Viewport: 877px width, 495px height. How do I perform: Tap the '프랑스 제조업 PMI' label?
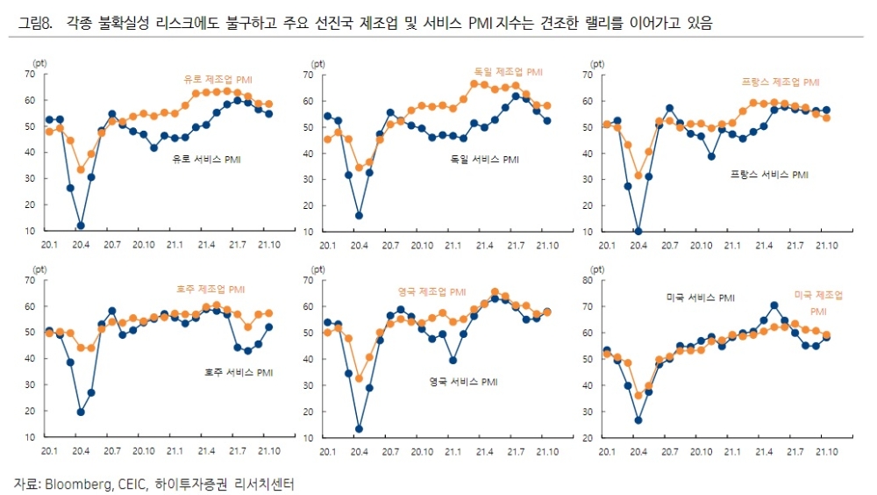pos(781,82)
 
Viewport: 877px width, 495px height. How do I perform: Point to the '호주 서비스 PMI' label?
pos(236,373)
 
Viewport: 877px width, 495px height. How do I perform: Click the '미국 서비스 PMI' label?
pos(700,298)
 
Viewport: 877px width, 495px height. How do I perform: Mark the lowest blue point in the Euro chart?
pos(81,226)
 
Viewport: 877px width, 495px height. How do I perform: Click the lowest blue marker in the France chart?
pos(638,232)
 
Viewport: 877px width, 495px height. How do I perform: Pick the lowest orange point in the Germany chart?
pos(358,168)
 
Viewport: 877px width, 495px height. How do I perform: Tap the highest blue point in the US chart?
pos(774,305)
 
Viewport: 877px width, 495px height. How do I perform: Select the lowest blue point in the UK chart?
pos(359,429)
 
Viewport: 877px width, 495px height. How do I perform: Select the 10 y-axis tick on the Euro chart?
pos(30,231)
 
